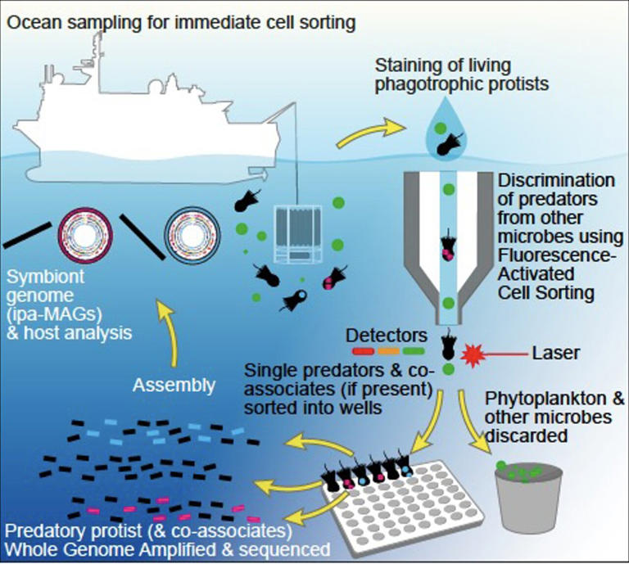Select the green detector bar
click(414, 353)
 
